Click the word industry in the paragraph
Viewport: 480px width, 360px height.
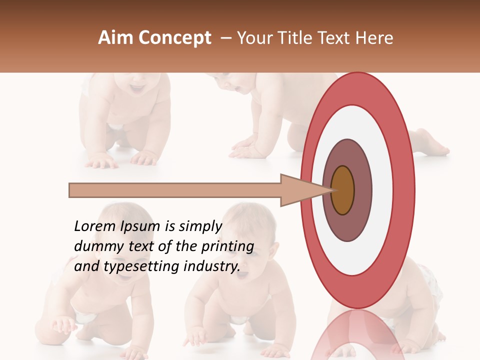click(x=211, y=266)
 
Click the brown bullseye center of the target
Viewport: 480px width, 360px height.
click(x=342, y=190)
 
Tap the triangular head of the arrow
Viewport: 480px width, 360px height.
click(x=300, y=190)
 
